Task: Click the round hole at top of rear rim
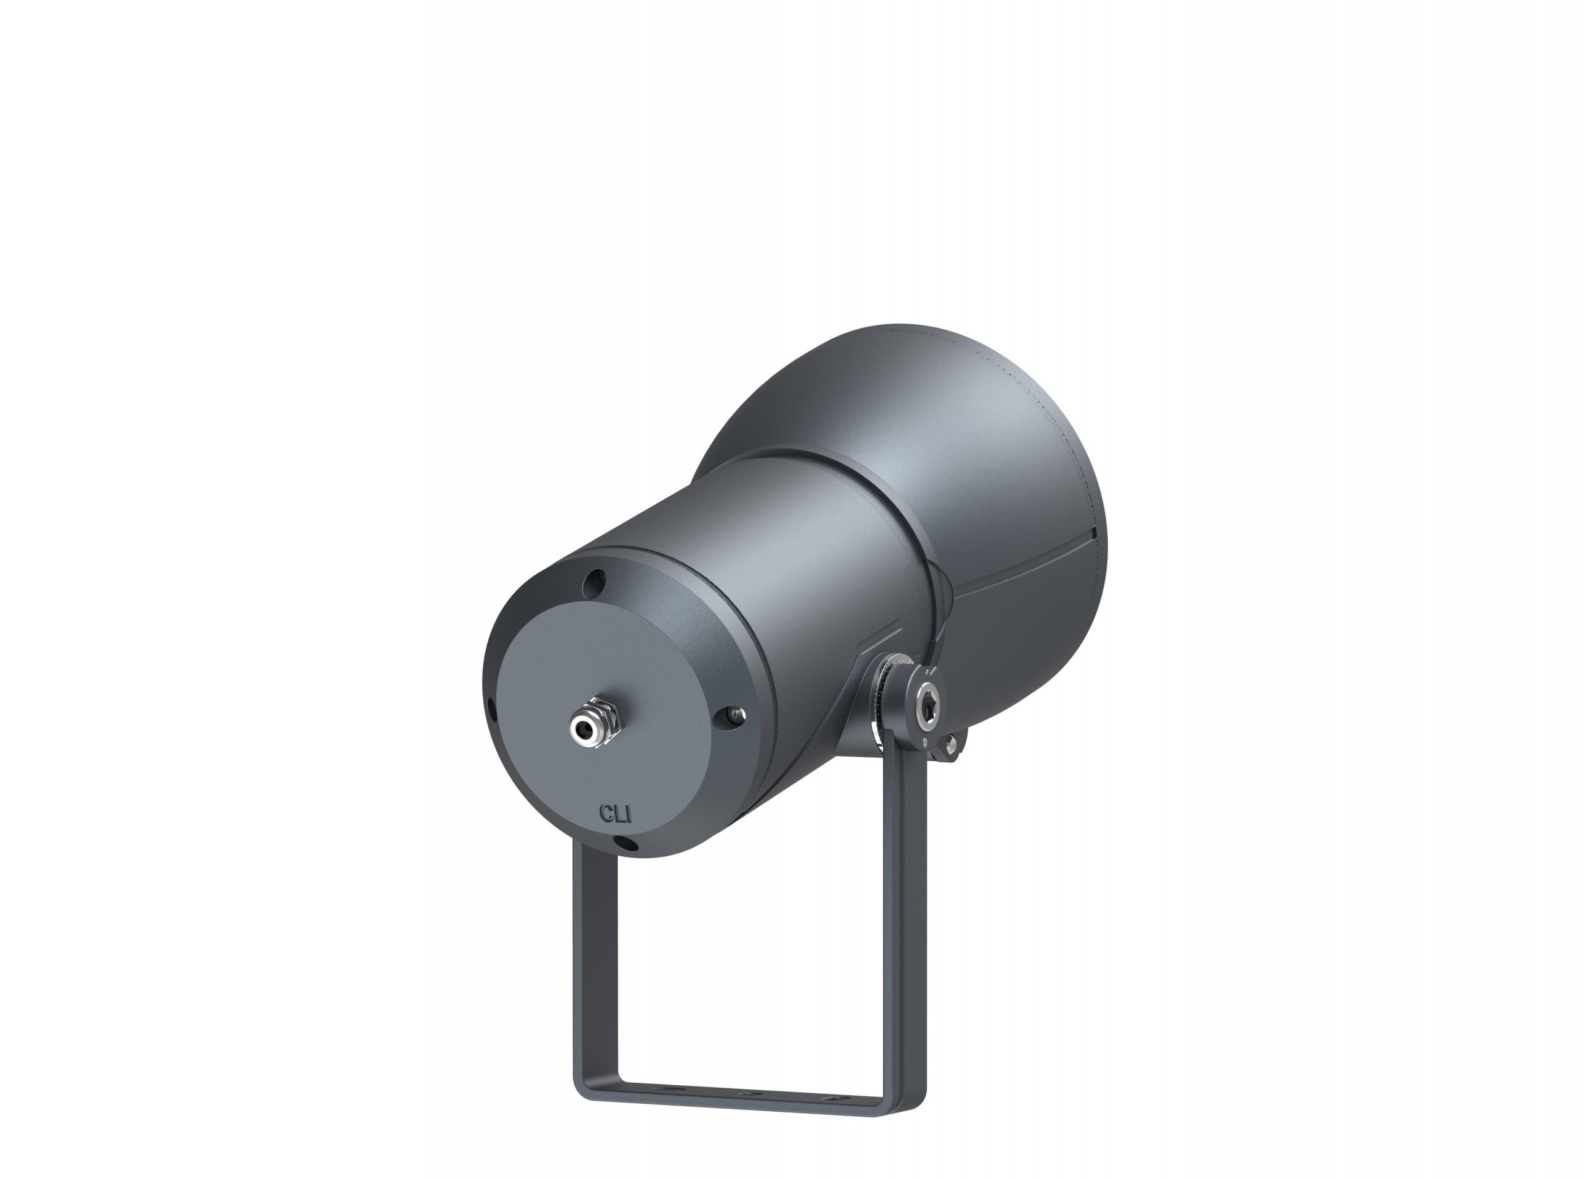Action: [x=594, y=585]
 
